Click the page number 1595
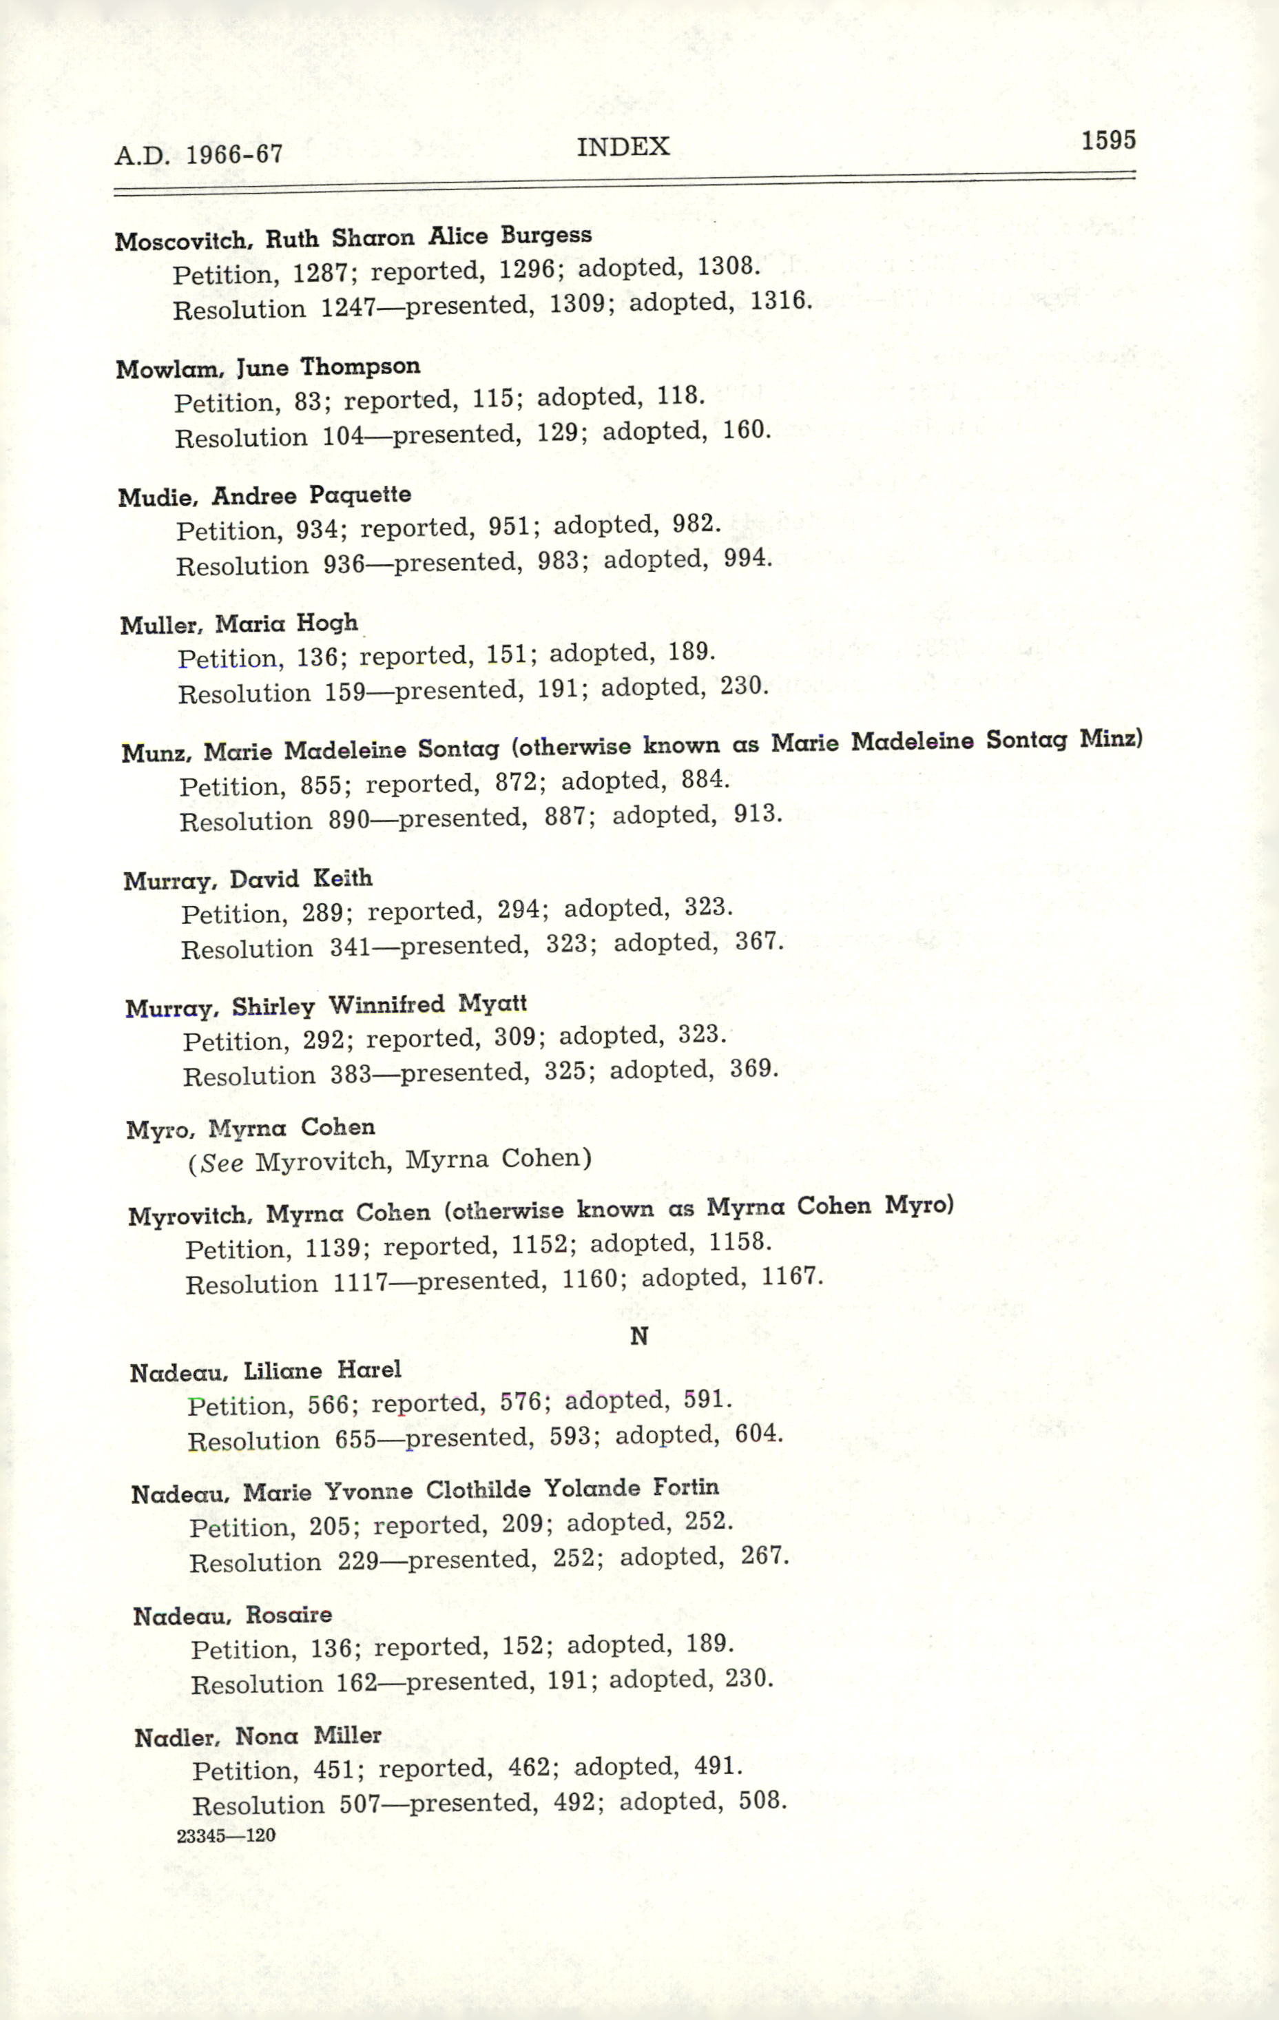1108,140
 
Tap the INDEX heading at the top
623,147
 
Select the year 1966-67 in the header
234,154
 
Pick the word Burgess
546,235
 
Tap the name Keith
342,878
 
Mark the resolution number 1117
361,1284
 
